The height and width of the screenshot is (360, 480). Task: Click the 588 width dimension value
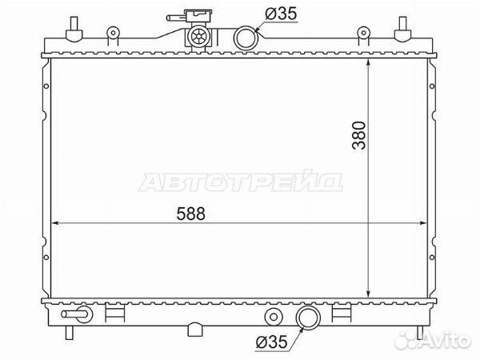click(190, 214)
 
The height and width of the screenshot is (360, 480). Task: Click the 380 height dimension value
click(358, 135)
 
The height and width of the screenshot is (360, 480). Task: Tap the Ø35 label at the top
click(281, 14)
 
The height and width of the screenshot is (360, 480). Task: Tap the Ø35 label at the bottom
click(271, 342)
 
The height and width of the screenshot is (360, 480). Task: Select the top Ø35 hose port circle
click(246, 38)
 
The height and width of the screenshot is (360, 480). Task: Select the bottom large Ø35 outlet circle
click(308, 318)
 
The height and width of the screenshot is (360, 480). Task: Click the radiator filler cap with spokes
click(198, 37)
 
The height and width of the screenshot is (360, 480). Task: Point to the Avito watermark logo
click(432, 340)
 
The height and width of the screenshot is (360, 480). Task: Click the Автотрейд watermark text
click(241, 182)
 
